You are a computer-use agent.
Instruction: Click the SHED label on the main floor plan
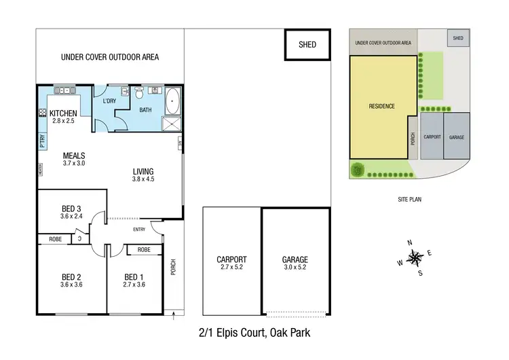[x=307, y=45]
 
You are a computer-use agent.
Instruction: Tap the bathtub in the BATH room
[x=172, y=101]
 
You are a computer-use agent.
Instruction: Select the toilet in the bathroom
[x=139, y=93]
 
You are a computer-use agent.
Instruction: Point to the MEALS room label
[x=74, y=155]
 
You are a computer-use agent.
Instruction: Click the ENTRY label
[x=139, y=230]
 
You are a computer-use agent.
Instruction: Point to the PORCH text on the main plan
[x=173, y=268]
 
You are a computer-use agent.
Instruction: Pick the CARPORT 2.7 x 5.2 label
[x=231, y=263]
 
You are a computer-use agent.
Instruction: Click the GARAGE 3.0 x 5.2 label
[x=295, y=263]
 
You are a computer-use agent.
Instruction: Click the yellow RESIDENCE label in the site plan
[x=381, y=106]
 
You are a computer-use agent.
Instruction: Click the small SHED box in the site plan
[x=458, y=38]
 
